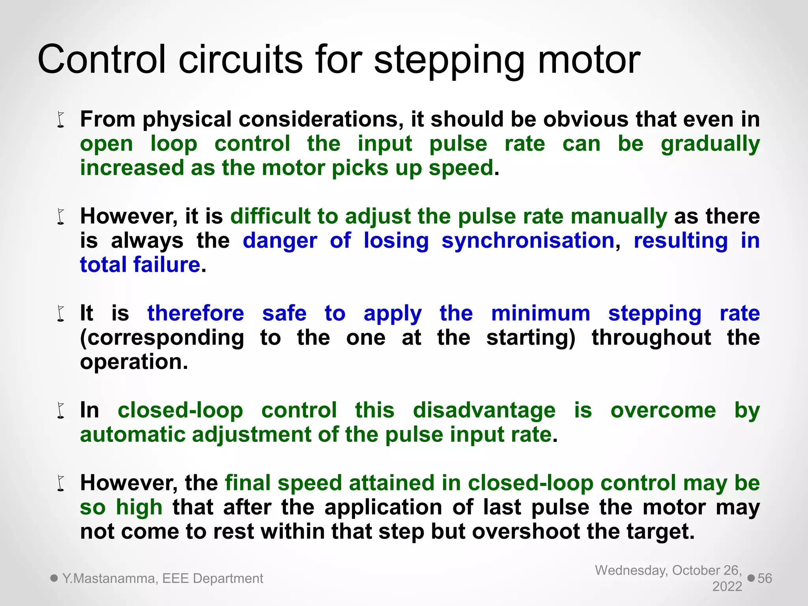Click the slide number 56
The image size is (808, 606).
point(765,578)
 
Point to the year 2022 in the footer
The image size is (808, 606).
point(727,587)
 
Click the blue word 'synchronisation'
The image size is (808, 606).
point(528,241)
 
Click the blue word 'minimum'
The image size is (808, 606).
point(541,314)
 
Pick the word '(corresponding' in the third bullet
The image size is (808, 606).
point(162,339)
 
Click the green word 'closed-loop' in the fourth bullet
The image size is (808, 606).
point(180,410)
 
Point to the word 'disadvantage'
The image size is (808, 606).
point(484,410)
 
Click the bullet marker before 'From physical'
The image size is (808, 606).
point(61,120)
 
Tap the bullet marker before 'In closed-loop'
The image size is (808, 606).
point(61,411)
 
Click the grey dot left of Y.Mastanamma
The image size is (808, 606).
point(54,578)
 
